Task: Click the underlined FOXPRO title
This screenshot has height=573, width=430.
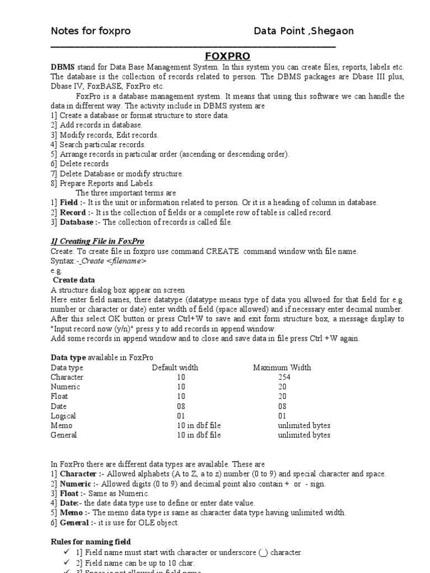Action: (x=227, y=57)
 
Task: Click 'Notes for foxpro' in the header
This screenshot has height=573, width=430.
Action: (x=91, y=31)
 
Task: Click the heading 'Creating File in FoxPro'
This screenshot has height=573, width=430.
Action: (x=97, y=241)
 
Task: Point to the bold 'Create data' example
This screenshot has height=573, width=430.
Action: (x=74, y=280)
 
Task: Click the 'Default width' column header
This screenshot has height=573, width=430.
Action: (x=175, y=368)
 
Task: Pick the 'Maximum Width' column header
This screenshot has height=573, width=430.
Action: (x=282, y=368)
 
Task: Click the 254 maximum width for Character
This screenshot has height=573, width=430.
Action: (x=284, y=377)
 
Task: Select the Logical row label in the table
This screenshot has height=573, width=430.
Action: (x=63, y=416)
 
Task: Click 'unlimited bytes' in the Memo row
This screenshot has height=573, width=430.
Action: (x=304, y=425)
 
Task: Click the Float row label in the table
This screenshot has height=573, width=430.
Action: (x=60, y=396)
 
